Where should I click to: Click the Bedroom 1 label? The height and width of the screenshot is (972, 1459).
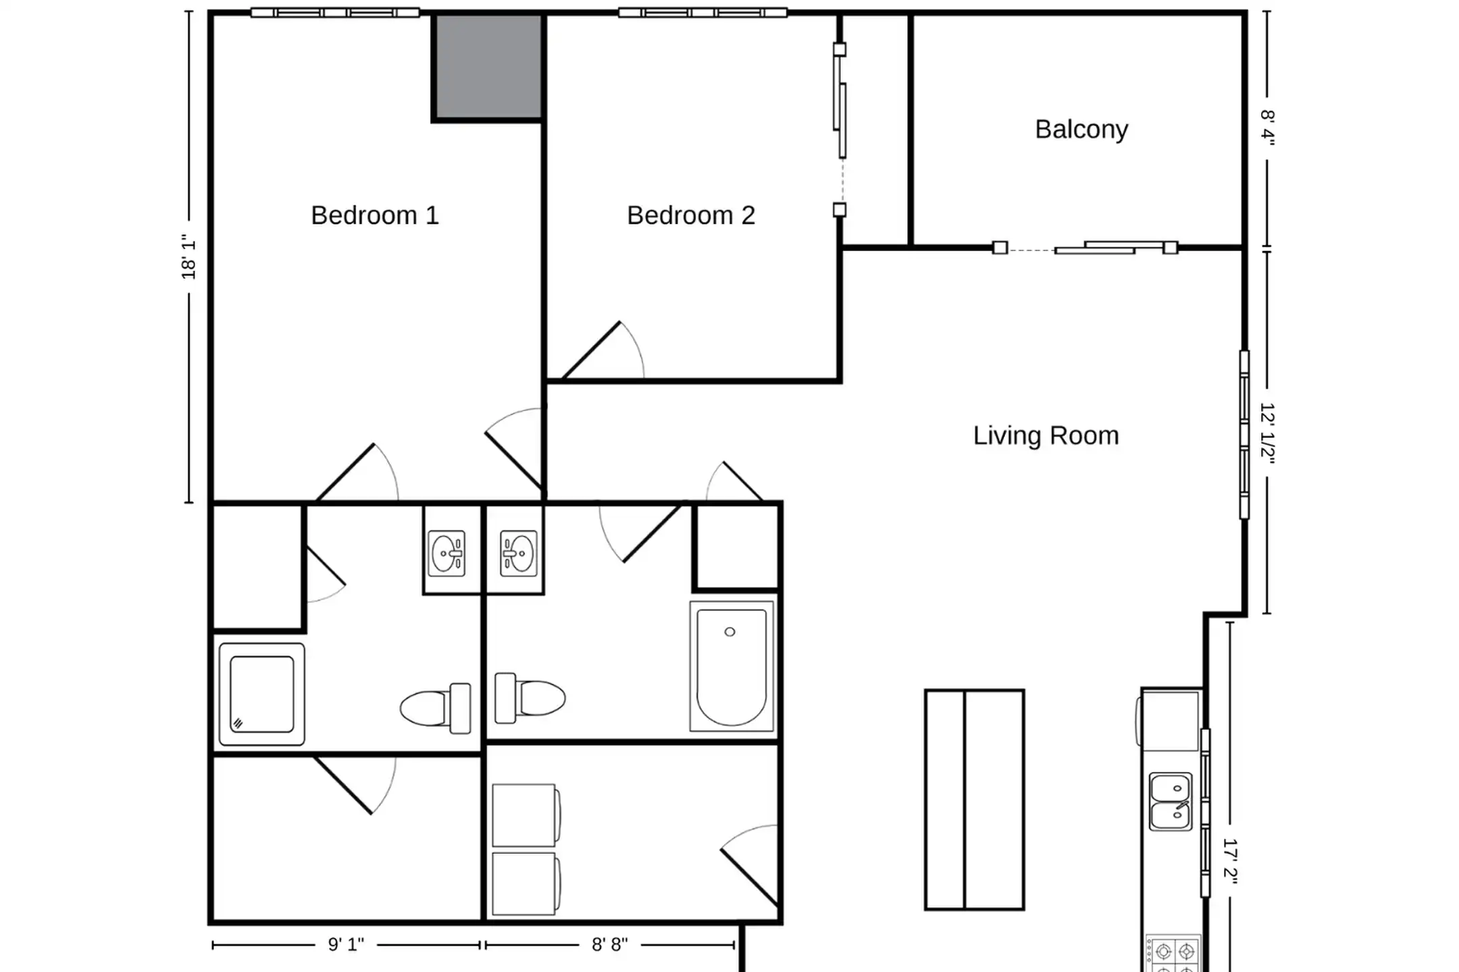(375, 215)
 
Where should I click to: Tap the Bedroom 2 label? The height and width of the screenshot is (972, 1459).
(691, 215)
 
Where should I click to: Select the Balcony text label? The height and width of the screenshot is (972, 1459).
(1081, 130)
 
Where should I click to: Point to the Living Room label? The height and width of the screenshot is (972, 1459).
(1046, 435)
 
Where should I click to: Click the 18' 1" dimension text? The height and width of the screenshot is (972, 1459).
(188, 256)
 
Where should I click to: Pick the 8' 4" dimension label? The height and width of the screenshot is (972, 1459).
(1268, 128)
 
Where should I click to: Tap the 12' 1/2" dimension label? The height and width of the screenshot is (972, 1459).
(1268, 434)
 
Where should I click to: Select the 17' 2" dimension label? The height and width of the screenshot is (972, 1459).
(1231, 861)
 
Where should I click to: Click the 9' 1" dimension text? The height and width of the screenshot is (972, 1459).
(346, 944)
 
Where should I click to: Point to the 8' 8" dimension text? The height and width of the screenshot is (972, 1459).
(610, 944)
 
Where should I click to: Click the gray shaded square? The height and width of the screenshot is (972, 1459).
(488, 67)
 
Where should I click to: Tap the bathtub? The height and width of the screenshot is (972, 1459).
(732, 666)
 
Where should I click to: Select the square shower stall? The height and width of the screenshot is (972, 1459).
(262, 695)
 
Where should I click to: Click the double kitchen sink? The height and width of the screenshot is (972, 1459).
(1171, 802)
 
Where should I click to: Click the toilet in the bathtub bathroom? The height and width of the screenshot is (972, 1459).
(530, 698)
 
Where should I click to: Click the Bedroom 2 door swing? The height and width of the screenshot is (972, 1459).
(603, 350)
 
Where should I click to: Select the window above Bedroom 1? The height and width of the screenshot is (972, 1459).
(335, 12)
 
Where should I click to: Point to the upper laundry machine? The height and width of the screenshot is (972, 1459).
(526, 815)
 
